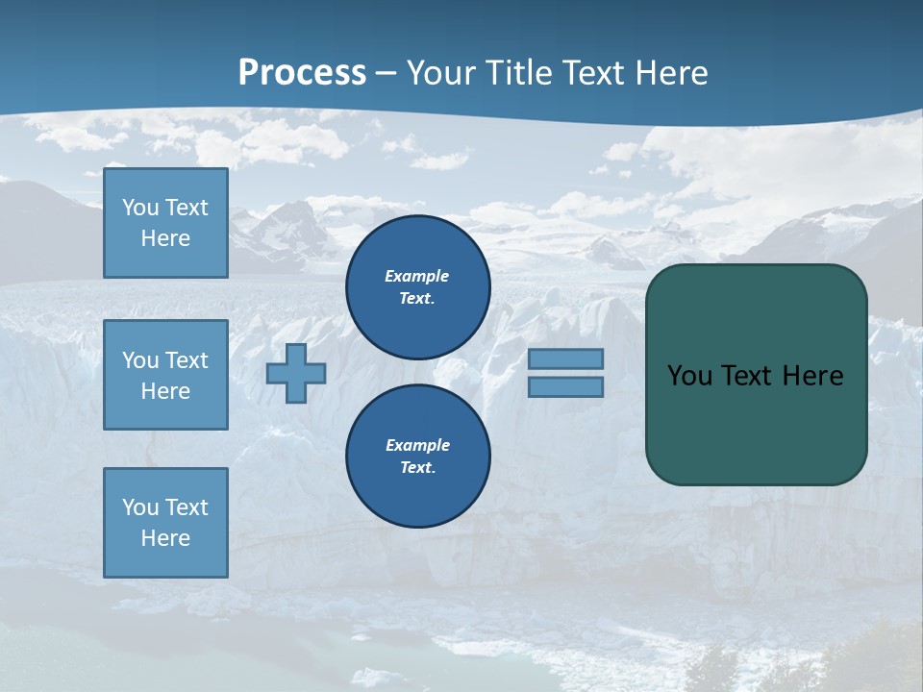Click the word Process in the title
click(302, 73)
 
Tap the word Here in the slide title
click(672, 73)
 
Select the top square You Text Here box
click(165, 223)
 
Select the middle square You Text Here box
click(165, 375)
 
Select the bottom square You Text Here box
click(165, 522)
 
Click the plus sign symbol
click(296, 373)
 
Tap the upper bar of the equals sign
click(565, 358)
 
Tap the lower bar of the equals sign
click(565, 386)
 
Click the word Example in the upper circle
click(417, 276)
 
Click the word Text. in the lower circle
click(417, 468)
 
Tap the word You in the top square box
click(140, 208)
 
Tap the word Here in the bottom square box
click(165, 538)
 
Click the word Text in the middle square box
click(187, 360)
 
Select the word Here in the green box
click(812, 376)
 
